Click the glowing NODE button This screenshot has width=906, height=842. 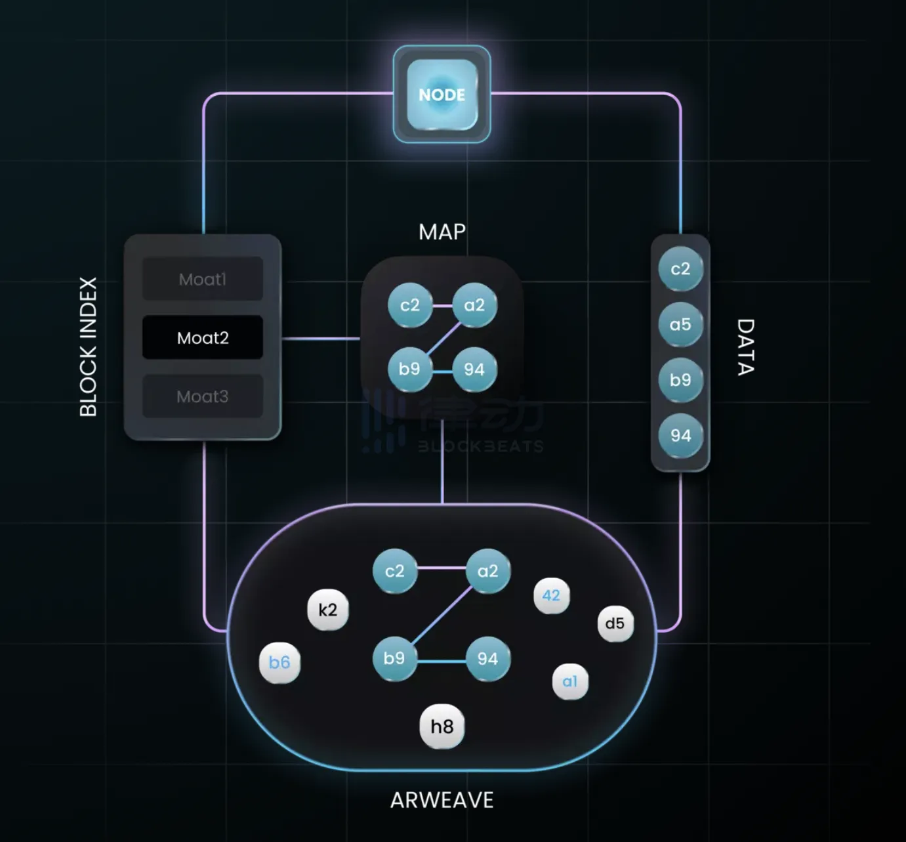(x=442, y=95)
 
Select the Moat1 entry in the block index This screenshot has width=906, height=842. (x=203, y=279)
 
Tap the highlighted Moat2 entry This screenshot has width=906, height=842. (x=203, y=338)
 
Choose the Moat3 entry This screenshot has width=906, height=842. (x=203, y=396)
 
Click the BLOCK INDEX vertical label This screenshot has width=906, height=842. (x=89, y=347)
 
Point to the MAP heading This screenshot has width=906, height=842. (x=442, y=232)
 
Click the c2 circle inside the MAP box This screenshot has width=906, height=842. (x=410, y=305)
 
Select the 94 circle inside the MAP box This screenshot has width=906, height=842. (x=474, y=369)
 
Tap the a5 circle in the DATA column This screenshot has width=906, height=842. (x=680, y=324)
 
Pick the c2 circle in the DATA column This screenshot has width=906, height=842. (x=680, y=268)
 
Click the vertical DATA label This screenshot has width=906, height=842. (x=746, y=347)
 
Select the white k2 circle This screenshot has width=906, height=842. (x=327, y=610)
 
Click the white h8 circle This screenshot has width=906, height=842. (x=442, y=726)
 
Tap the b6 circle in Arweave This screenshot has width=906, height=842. (x=279, y=662)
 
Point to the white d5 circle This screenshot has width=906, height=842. (x=615, y=623)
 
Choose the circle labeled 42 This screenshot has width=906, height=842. (x=551, y=595)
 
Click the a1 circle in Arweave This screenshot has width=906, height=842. (x=569, y=681)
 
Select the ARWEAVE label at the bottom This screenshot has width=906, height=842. (x=442, y=800)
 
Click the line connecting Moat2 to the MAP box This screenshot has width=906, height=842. (x=321, y=339)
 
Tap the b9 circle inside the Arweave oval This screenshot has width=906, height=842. (x=394, y=658)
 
